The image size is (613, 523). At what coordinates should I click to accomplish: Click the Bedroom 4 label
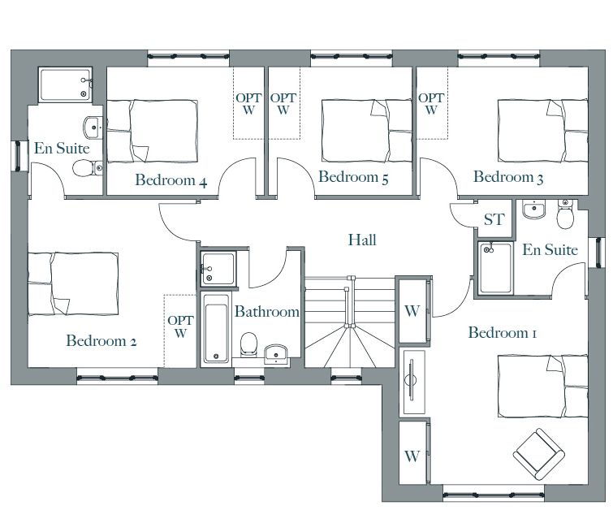(171, 180)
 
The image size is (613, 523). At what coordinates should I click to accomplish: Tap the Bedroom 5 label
(353, 177)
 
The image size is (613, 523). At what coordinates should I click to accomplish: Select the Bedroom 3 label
(508, 177)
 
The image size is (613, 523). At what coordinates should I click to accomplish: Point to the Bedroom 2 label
(101, 341)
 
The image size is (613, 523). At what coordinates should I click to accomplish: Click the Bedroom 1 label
(503, 332)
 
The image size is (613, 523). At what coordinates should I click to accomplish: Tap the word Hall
(362, 240)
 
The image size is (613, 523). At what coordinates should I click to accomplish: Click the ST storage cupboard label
(494, 219)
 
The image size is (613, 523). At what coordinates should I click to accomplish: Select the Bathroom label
(267, 311)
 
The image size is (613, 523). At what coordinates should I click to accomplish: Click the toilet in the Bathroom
(248, 344)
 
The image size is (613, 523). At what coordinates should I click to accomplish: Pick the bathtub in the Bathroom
(215, 329)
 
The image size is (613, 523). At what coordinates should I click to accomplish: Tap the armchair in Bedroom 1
(539, 454)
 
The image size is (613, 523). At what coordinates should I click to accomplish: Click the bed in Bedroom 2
(73, 283)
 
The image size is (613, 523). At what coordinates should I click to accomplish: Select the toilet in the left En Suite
(88, 168)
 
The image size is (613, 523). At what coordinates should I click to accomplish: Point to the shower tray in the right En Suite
(495, 268)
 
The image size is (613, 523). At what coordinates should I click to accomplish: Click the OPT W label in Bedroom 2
(180, 327)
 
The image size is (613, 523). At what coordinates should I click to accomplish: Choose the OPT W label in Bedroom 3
(431, 104)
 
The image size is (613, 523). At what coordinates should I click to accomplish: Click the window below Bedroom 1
(494, 495)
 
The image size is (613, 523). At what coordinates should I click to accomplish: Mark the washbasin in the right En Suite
(534, 210)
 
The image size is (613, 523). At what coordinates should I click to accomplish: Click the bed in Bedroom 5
(367, 131)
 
